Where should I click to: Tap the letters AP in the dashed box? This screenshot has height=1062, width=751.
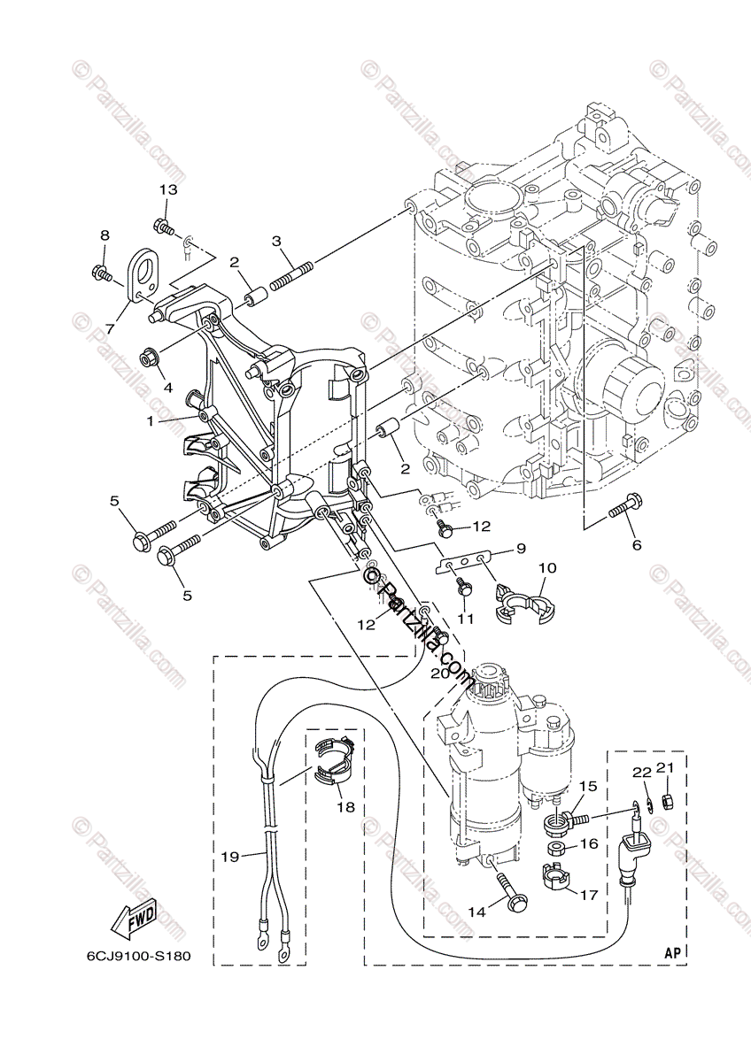click(x=673, y=952)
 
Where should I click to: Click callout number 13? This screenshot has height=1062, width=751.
click(x=168, y=189)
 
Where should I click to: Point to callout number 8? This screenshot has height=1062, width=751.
click(x=105, y=235)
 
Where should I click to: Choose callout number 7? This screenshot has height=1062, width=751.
click(x=110, y=328)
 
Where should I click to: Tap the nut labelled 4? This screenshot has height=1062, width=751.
click(x=150, y=358)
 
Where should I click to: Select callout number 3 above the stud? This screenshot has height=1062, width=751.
click(x=276, y=241)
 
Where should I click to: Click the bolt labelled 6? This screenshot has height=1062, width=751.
click(x=623, y=509)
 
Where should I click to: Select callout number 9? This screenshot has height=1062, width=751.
click(x=522, y=548)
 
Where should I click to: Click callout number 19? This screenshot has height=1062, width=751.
click(x=230, y=856)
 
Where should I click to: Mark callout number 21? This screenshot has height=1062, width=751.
click(x=667, y=767)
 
